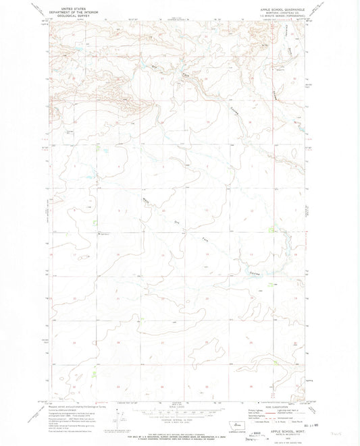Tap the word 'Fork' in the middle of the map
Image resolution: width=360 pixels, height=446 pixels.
pyautogui.click(x=201, y=240)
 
